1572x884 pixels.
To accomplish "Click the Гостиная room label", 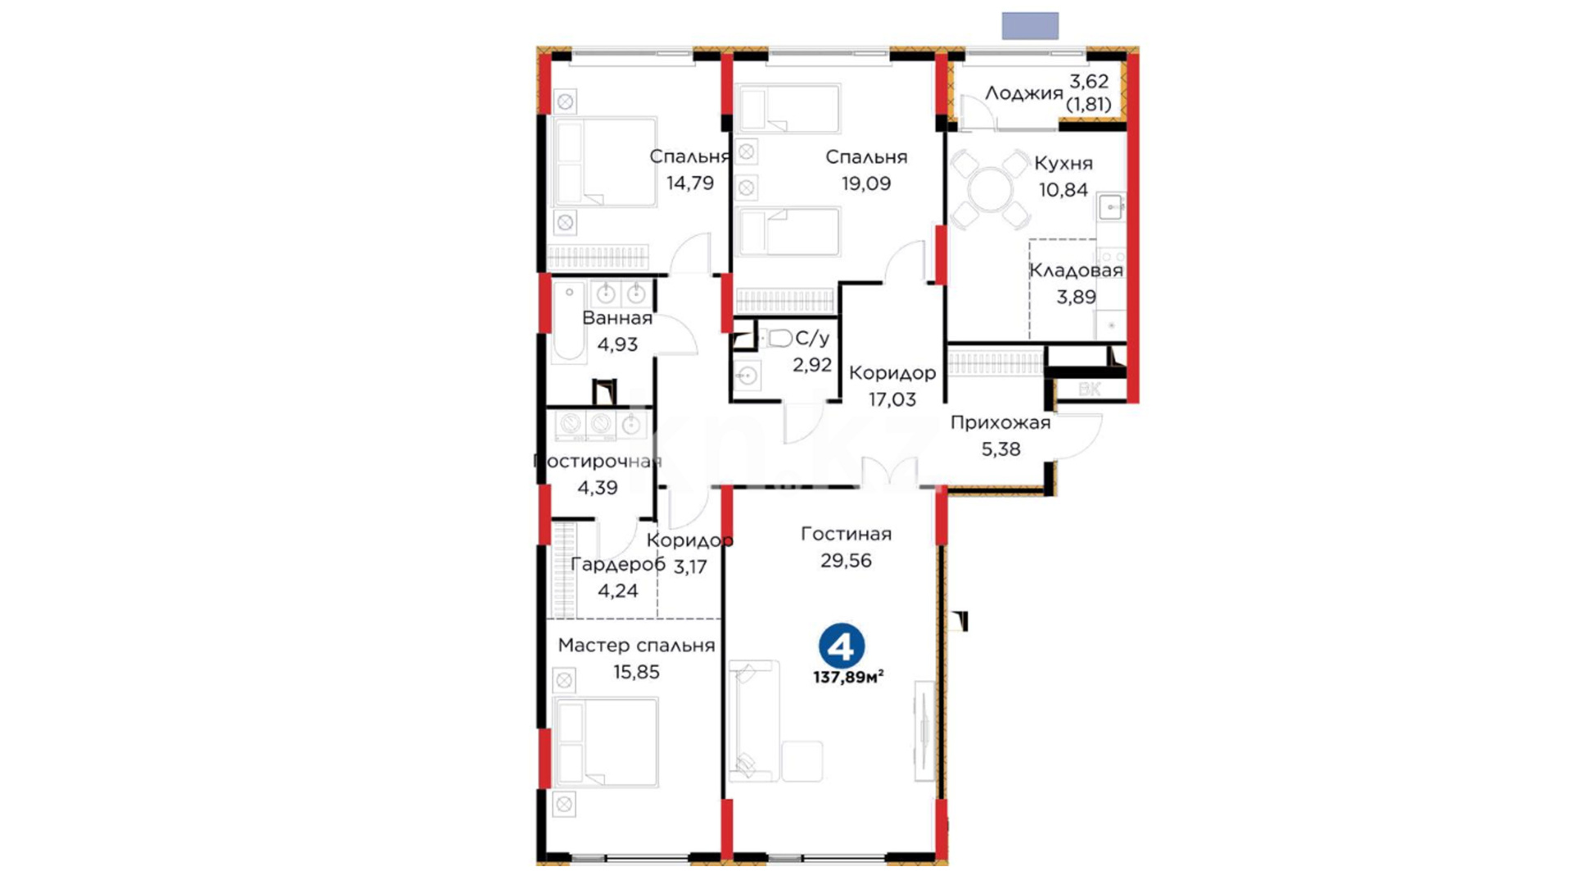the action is point(846,534).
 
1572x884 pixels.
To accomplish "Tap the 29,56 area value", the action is point(846,561).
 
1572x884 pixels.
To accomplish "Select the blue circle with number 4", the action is point(842,646).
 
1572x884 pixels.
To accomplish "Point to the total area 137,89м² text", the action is point(848,678).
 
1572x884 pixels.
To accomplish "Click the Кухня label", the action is point(1063,163).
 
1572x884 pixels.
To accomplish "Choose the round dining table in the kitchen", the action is point(991,190).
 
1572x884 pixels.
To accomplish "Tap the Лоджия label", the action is point(1023,93).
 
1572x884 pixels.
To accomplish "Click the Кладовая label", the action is point(1076,270).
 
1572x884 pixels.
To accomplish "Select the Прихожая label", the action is point(1000,423).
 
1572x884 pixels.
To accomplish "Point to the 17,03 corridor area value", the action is point(892,399).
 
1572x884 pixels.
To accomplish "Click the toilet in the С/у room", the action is point(779,337).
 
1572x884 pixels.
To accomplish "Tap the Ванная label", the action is point(617,318).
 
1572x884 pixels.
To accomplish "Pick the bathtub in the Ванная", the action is point(569,321).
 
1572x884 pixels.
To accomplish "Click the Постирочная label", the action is point(597,461).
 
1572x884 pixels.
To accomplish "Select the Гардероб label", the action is point(617,564).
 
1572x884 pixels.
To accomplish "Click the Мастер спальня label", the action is point(636,645).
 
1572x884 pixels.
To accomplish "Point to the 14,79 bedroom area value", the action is point(690,183).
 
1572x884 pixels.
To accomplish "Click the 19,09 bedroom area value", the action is point(866,183).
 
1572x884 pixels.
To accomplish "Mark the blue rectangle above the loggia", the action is point(1030,25).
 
